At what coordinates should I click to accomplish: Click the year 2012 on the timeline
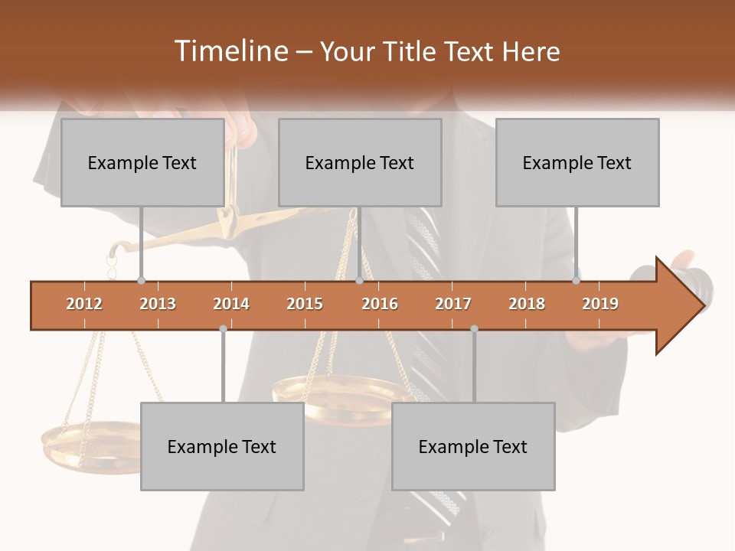[84, 304]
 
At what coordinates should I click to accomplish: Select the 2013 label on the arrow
[158, 304]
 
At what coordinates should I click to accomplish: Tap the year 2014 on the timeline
[231, 304]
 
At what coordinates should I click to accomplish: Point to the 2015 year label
[305, 304]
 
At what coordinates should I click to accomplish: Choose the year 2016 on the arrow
[380, 304]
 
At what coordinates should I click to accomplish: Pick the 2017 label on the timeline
[453, 304]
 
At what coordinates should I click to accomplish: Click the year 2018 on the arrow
[527, 304]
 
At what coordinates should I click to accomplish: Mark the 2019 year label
[600, 304]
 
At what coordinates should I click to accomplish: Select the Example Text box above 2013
[142, 162]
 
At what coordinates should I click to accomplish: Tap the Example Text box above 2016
[360, 162]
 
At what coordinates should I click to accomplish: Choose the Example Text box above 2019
[577, 162]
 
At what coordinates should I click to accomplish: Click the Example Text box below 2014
[222, 446]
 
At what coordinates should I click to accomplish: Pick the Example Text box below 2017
[473, 446]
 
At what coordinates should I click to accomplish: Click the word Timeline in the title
[230, 51]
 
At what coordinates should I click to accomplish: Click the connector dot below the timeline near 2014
[223, 328]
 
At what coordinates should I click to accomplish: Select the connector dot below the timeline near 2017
[474, 328]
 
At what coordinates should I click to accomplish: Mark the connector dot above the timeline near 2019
[576, 280]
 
